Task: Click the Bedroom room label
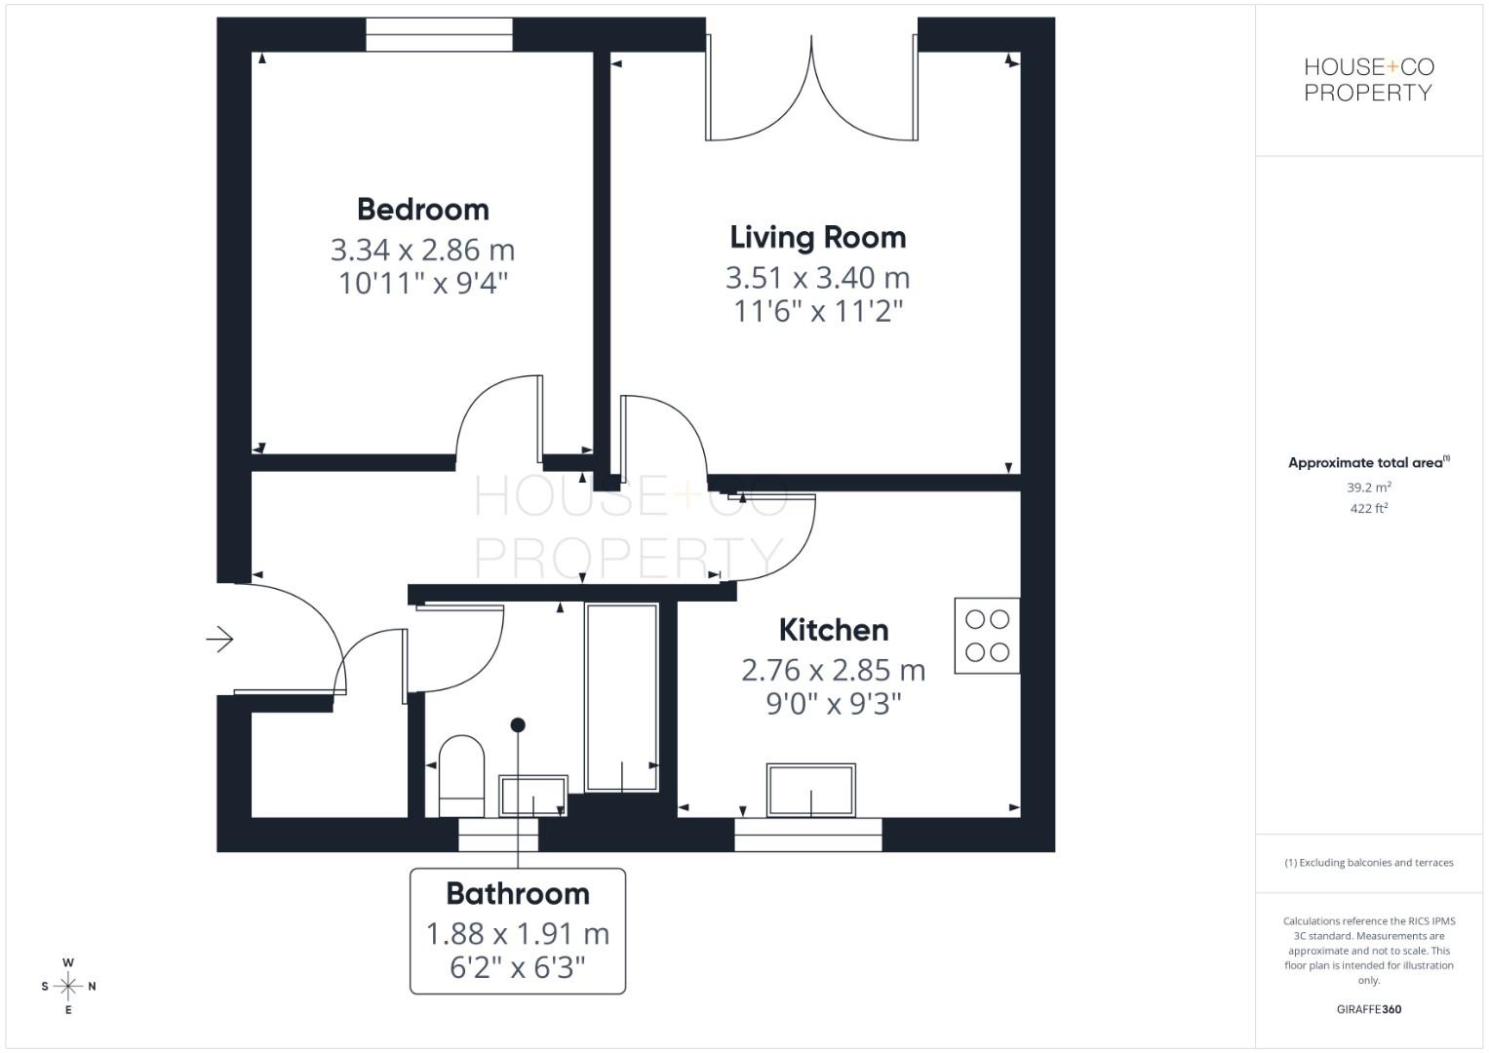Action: (422, 210)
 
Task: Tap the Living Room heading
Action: (817, 238)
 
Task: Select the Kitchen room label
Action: (833, 631)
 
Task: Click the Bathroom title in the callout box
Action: (517, 894)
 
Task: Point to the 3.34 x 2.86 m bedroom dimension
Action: (422, 251)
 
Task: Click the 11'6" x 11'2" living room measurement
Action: (817, 312)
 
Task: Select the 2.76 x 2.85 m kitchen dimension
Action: (833, 671)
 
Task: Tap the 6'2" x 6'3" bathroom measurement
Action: (517, 967)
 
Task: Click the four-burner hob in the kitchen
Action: (987, 636)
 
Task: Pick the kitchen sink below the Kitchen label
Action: (811, 790)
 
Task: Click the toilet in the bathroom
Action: (461, 774)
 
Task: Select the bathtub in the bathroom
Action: (621, 696)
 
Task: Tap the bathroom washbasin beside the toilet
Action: (533, 796)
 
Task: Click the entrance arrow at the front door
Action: (219, 640)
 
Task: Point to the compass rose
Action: (68, 987)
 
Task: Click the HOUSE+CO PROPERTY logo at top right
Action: (1368, 80)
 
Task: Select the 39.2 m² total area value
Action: (1368, 487)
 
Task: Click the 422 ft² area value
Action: (1368, 509)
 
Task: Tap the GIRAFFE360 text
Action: (1368, 1009)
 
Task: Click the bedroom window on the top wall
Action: (439, 35)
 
